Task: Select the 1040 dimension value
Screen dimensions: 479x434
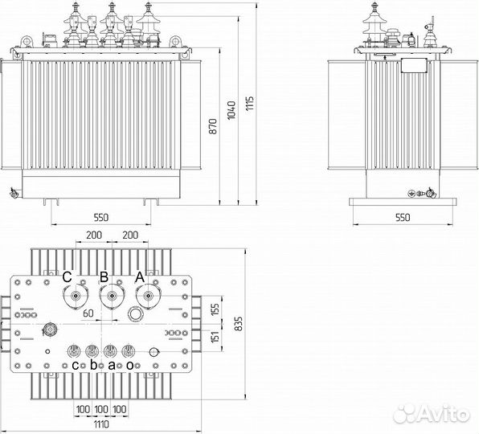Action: (x=231, y=110)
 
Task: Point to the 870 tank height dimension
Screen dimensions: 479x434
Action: (x=213, y=126)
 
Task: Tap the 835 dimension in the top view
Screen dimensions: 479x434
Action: (x=239, y=323)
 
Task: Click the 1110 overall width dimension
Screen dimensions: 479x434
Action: (x=101, y=424)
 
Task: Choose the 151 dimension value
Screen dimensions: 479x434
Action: (x=215, y=337)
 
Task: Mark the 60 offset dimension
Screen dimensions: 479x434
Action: (x=88, y=313)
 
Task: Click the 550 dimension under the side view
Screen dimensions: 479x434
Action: (x=403, y=218)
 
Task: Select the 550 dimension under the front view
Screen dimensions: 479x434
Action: (x=101, y=218)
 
